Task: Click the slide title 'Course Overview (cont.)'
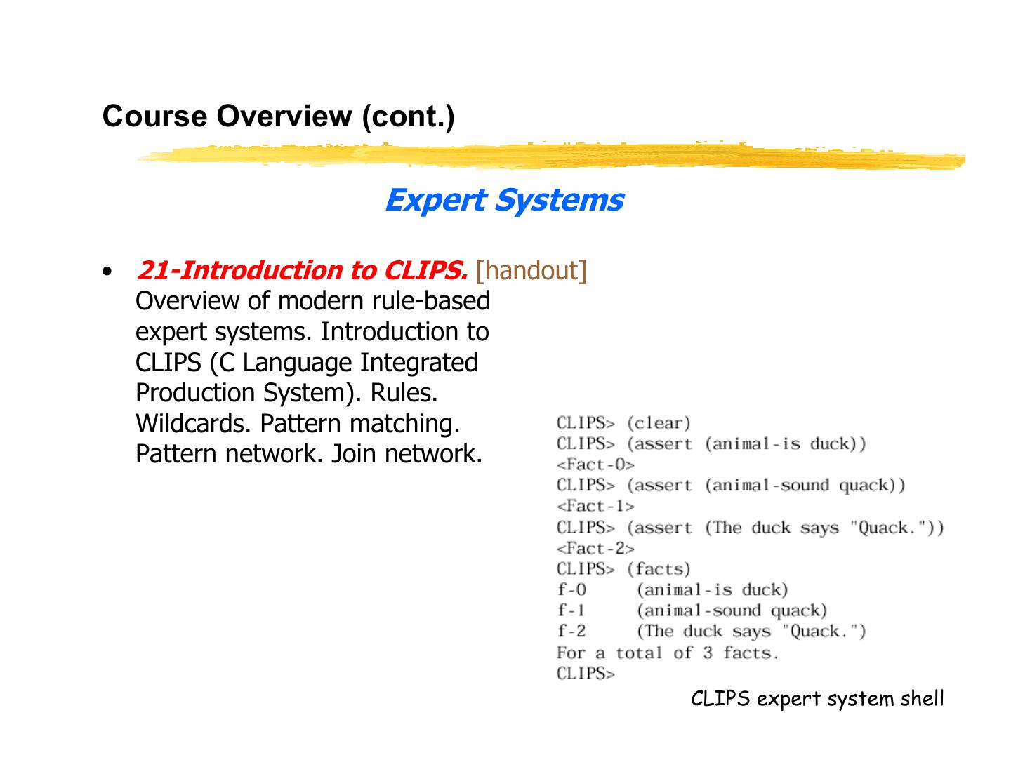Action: click(278, 116)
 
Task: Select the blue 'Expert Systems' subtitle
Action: click(503, 201)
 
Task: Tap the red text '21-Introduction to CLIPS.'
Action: click(302, 270)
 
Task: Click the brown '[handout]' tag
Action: click(531, 270)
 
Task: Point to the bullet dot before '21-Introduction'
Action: click(107, 272)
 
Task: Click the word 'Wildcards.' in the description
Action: click(194, 424)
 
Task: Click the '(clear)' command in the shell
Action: click(659, 423)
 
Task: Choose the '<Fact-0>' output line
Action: click(595, 465)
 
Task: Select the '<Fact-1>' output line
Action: click(595, 506)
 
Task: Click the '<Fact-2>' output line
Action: click(595, 548)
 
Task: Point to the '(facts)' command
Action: click(659, 569)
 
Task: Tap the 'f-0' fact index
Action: click(571, 589)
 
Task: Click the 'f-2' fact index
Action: click(571, 632)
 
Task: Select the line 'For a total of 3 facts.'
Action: click(668, 653)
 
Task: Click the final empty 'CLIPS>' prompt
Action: click(586, 674)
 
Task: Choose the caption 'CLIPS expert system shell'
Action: click(817, 699)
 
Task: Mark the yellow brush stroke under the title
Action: click(551, 156)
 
